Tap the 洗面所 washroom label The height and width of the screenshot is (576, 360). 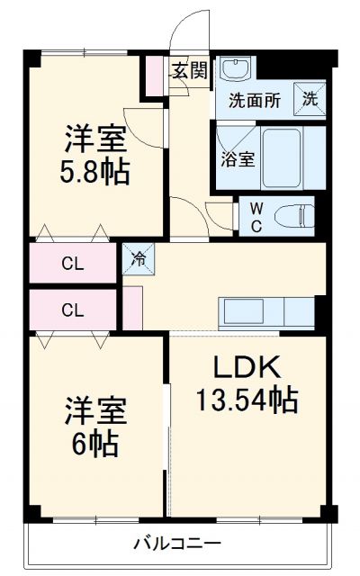(251, 101)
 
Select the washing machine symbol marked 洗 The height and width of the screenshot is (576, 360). (310, 100)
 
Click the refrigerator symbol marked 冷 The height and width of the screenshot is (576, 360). (139, 259)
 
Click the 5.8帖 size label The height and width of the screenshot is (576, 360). (95, 170)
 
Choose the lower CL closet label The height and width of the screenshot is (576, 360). (72, 310)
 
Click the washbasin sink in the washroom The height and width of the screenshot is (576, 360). (238, 69)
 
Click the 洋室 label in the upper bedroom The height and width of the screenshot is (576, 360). (95, 139)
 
